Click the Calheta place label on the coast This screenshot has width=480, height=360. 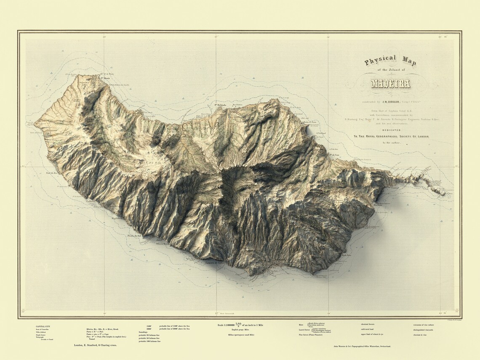[x=91, y=202]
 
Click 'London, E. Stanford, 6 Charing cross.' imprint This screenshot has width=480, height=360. [x=96, y=345]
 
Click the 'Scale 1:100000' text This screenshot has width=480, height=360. [x=228, y=325]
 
